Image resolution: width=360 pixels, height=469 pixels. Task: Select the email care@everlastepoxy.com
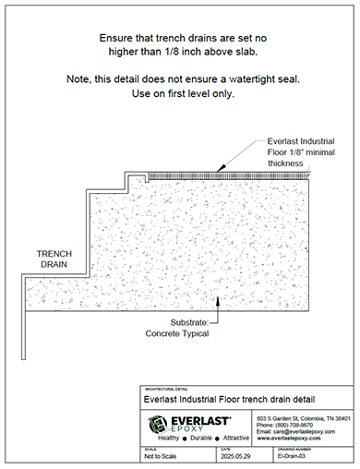pos(291,432)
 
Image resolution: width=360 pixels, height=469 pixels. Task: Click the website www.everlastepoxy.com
pos(286,439)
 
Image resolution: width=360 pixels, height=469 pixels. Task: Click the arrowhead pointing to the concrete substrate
pos(215,298)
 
